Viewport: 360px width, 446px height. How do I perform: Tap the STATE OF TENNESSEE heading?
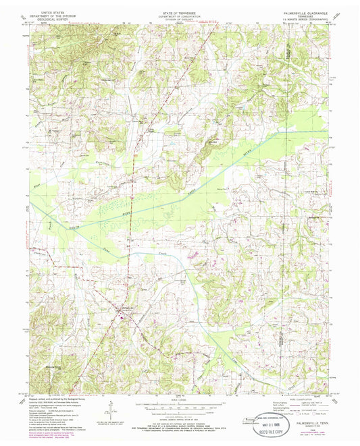pyautogui.click(x=179, y=11)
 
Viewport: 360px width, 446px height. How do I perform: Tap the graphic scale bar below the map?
pyautogui.click(x=180, y=403)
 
